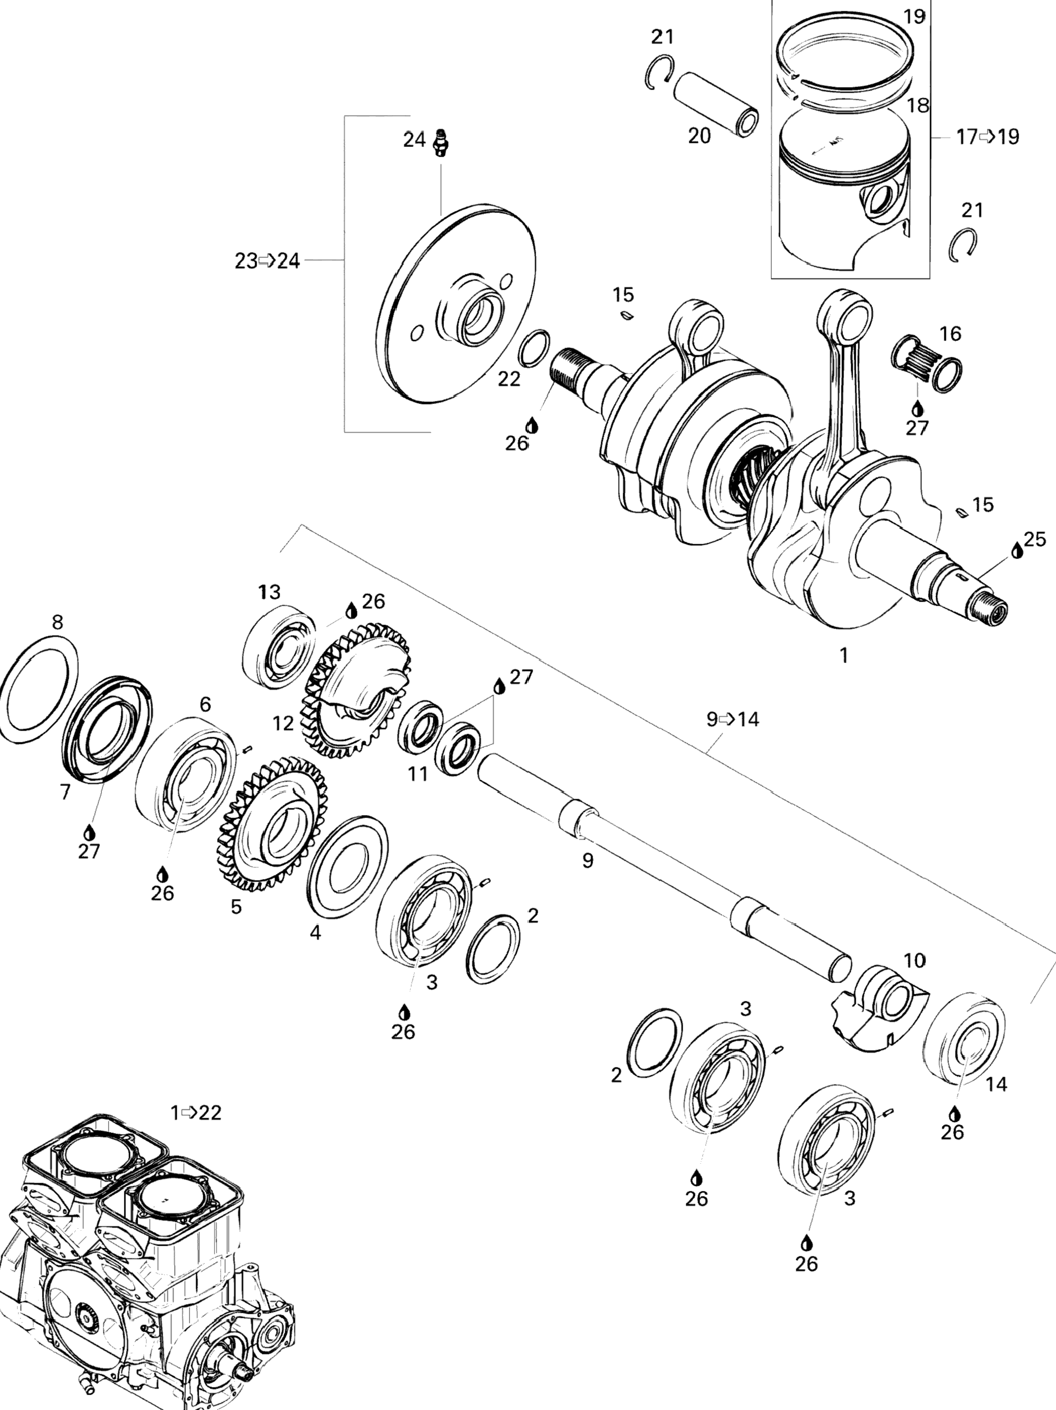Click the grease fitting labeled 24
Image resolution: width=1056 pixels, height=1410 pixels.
click(439, 142)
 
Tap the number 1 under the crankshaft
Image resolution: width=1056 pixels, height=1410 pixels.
click(843, 655)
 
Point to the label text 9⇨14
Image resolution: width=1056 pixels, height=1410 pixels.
click(733, 719)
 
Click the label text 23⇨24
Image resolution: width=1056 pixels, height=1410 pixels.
click(267, 261)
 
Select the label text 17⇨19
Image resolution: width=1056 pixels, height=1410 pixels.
click(988, 136)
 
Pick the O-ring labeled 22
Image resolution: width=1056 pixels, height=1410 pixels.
click(534, 349)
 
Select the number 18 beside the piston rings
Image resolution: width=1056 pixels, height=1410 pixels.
click(918, 105)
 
